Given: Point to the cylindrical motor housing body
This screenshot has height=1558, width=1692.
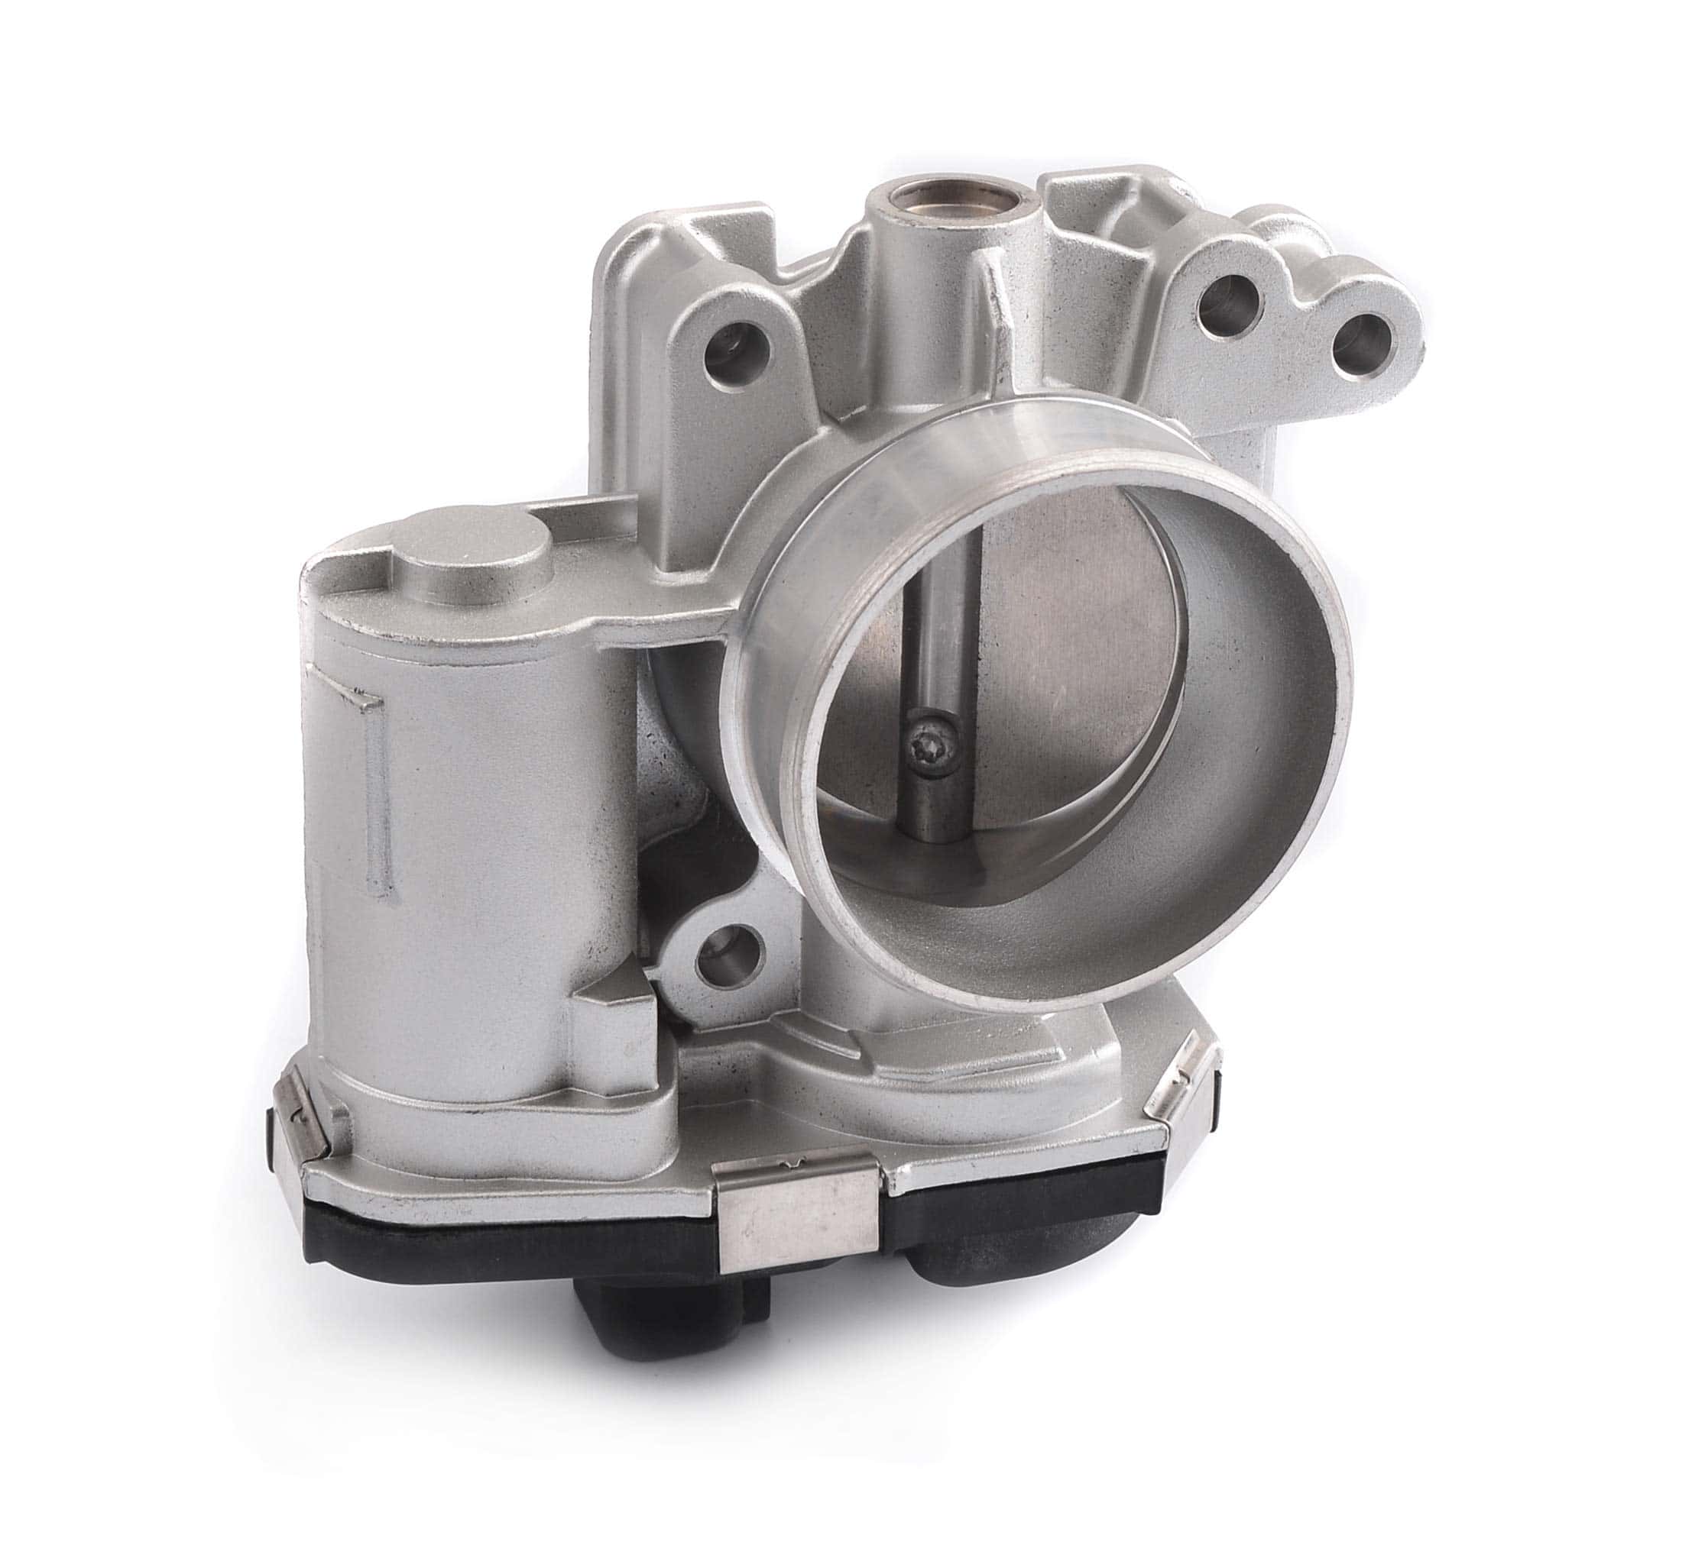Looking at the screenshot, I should click(x=455, y=843).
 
